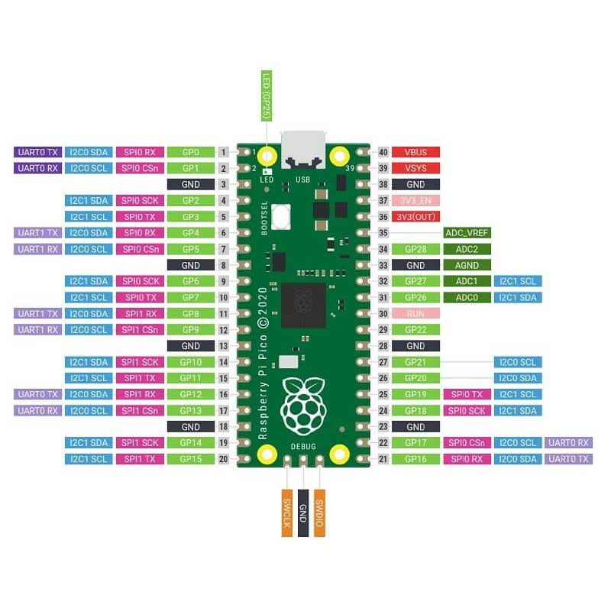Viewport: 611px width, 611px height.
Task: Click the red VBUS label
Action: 415,152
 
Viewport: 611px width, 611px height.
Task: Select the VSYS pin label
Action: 415,168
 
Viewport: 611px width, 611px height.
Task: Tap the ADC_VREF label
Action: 467,233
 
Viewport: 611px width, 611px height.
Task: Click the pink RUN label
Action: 415,314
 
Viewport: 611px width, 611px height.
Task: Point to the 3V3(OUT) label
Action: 415,217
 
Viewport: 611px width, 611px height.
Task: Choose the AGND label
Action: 467,265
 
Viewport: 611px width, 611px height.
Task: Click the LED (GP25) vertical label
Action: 267,96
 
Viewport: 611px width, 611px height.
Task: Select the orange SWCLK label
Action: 287,513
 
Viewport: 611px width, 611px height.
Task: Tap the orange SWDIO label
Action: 319,513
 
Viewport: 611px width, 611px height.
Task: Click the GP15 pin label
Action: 191,459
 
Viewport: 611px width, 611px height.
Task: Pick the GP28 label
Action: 415,249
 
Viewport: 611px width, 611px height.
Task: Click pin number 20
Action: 223,459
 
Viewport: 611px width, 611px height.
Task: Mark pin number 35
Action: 383,233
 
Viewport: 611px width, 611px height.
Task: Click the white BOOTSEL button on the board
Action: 281,217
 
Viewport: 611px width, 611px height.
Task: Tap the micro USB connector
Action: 302,150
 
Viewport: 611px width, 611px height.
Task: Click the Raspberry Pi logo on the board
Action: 303,406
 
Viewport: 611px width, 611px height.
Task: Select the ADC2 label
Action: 467,249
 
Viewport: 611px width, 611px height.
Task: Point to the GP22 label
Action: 415,330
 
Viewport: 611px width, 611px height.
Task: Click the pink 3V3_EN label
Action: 415,201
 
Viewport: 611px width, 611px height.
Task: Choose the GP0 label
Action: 191,152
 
